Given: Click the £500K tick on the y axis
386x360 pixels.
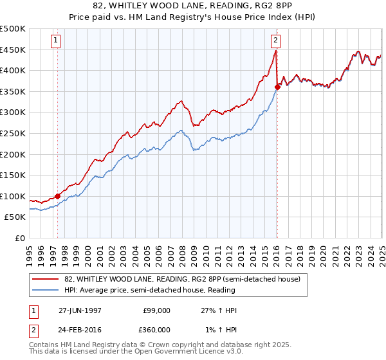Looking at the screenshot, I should coord(13,29).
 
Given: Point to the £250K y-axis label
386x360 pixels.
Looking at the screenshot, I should coord(13,133).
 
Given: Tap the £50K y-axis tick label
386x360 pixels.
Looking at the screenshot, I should coord(15,217).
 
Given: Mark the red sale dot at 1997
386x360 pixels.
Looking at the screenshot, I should coord(58,197).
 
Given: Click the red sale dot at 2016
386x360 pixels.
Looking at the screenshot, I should coord(277,87).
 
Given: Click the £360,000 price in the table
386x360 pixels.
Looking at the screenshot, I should coord(157,330).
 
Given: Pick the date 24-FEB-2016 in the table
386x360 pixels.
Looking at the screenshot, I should coord(80,330).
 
